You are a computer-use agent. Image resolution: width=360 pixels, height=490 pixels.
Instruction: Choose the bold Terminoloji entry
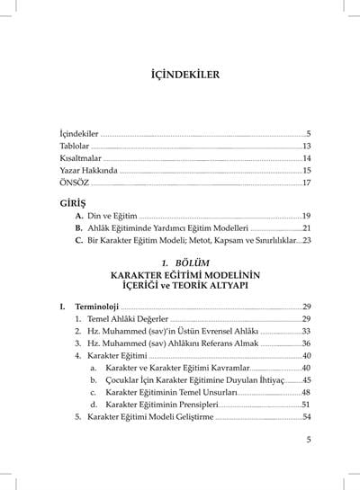point(100,307)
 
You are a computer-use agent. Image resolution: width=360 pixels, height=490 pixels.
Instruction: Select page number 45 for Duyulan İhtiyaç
point(306,380)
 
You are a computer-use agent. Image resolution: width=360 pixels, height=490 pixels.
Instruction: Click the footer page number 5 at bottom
point(308,440)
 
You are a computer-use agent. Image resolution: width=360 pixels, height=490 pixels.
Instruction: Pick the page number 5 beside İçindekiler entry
point(308,132)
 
